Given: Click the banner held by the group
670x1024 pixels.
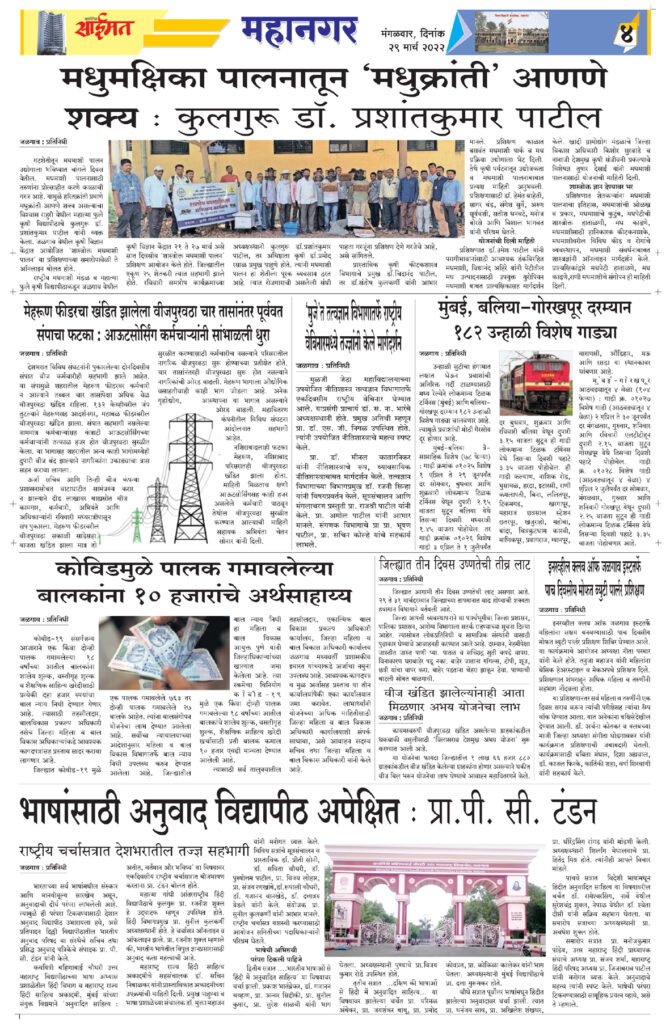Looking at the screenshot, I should [x=207, y=206].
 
